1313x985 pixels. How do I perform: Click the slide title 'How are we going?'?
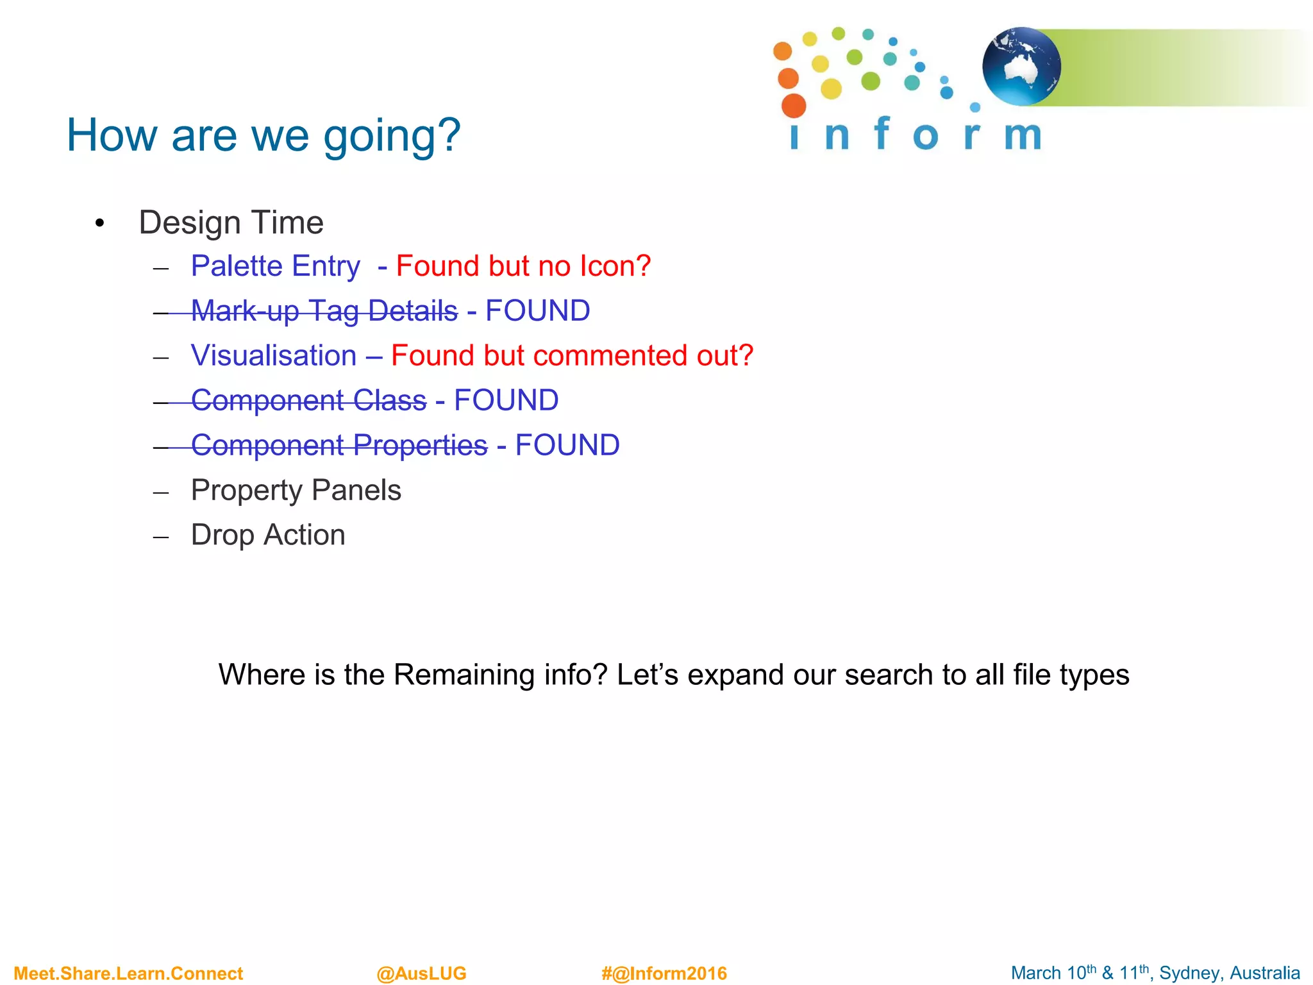click(x=263, y=135)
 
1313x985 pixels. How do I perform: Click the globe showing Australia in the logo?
click(x=1021, y=67)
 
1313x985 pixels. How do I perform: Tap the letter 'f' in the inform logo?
click(x=882, y=133)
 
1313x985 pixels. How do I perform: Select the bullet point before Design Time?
click(x=99, y=224)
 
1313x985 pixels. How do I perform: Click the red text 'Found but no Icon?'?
click(x=523, y=266)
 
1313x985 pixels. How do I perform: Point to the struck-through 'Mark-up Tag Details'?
click(x=324, y=311)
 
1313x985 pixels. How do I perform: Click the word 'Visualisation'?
click(x=274, y=356)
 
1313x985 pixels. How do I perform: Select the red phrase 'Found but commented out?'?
click(x=572, y=356)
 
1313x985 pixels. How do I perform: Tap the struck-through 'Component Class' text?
click(x=308, y=401)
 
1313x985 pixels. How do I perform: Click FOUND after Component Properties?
click(x=567, y=446)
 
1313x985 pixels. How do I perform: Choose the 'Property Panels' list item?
click(x=296, y=491)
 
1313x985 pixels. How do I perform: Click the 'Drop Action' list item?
click(x=268, y=535)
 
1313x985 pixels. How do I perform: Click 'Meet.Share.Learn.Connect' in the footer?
click(x=128, y=973)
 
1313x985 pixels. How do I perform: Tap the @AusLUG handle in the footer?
click(x=421, y=973)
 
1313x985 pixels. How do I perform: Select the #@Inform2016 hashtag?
click(x=664, y=973)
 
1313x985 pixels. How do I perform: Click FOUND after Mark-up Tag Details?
click(x=537, y=311)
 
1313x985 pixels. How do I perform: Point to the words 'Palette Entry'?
click(x=276, y=266)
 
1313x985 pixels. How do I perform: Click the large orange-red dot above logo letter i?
click(x=794, y=106)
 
